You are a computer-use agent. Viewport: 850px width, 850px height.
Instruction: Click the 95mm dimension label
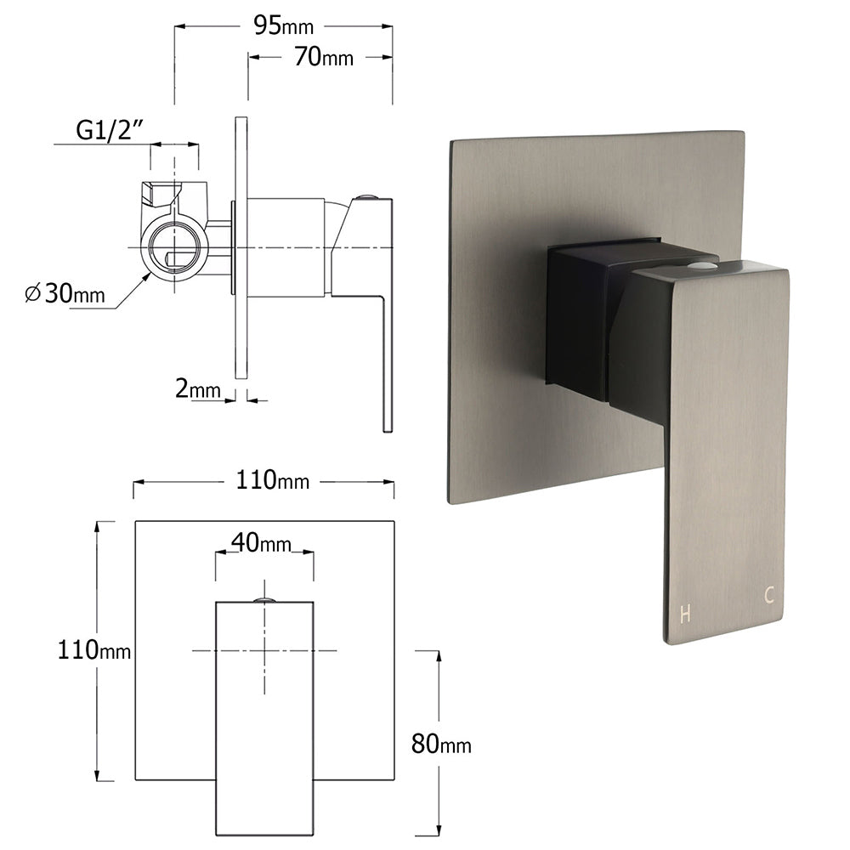pyautogui.click(x=283, y=26)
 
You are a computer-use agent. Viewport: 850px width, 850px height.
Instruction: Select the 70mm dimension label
pyautogui.click(x=324, y=57)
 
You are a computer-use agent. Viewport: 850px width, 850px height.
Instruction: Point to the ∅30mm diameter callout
pyautogui.click(x=65, y=294)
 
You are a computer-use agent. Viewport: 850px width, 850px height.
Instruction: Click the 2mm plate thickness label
pyautogui.click(x=197, y=389)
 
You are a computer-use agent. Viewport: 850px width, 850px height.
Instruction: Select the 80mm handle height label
pyautogui.click(x=440, y=745)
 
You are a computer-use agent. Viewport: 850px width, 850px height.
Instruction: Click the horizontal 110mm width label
pyautogui.click(x=272, y=481)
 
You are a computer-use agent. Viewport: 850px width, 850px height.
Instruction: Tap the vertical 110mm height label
pyautogui.click(x=94, y=651)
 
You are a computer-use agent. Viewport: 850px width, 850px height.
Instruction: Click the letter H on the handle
pyautogui.click(x=685, y=615)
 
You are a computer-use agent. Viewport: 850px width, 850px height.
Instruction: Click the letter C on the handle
pyautogui.click(x=768, y=596)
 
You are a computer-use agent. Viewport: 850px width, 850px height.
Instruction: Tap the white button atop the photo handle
pyautogui.click(x=700, y=267)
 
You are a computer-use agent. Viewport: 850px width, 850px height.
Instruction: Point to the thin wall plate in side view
pyautogui.click(x=241, y=246)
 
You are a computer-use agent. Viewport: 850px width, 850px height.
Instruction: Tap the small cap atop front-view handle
pyautogui.click(x=264, y=600)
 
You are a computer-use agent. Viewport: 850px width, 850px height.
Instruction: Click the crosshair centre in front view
pyautogui.click(x=264, y=650)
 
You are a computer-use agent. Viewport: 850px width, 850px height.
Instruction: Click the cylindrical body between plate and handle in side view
pyautogui.click(x=286, y=247)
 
